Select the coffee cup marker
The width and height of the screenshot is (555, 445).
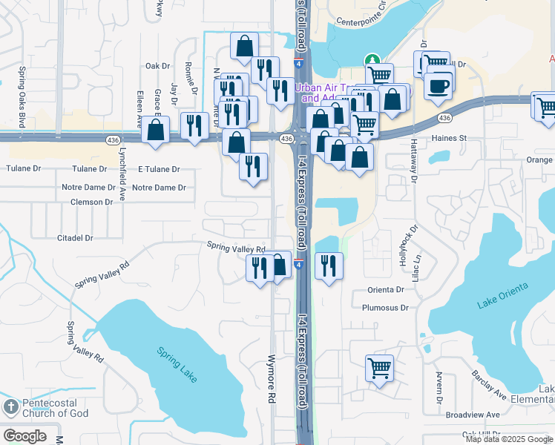tap(439, 86)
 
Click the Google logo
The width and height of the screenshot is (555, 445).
tap(24, 435)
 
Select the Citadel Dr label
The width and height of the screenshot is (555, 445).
tap(75, 238)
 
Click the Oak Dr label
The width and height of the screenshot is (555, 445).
tap(158, 66)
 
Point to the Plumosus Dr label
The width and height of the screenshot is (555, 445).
tap(385, 307)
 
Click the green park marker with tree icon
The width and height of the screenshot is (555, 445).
tap(372, 61)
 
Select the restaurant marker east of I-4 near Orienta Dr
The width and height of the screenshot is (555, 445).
tap(329, 266)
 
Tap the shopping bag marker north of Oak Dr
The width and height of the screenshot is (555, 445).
tap(244, 47)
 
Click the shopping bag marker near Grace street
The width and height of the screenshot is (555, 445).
tap(156, 131)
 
